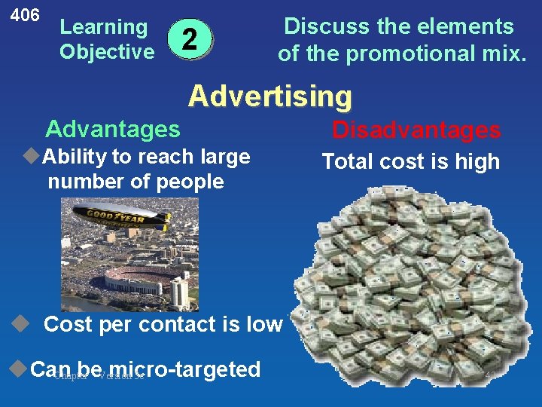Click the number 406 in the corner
[25, 14]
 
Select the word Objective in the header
[106, 52]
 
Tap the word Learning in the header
[104, 27]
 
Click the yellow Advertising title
[269, 96]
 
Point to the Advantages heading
[113, 129]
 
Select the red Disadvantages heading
[416, 130]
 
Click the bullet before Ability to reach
[31, 157]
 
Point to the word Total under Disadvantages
[349, 161]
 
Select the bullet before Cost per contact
[20, 324]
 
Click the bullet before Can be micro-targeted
[20, 369]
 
